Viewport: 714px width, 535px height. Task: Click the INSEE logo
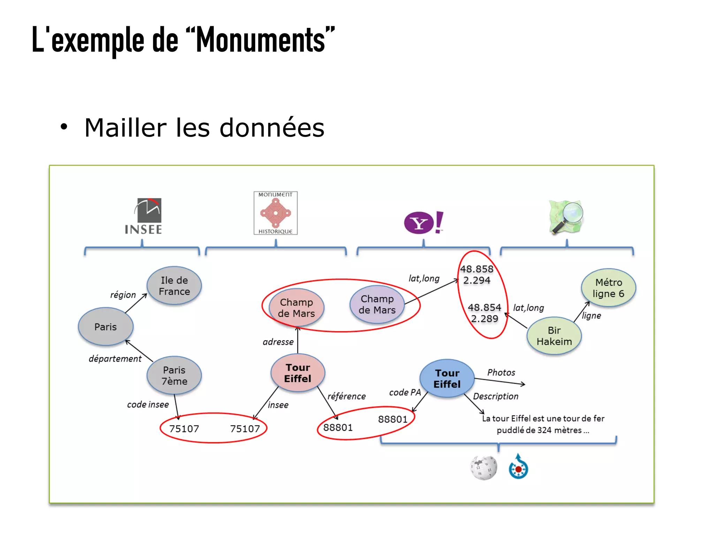tap(144, 216)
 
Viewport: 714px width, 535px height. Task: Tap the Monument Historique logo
tap(275, 213)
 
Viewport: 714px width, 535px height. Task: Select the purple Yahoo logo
tap(423, 223)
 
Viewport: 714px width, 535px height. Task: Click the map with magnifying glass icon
tap(565, 216)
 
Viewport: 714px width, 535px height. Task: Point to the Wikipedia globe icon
tap(484, 468)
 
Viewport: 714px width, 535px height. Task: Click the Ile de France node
tap(174, 286)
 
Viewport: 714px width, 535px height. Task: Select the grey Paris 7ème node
tap(174, 375)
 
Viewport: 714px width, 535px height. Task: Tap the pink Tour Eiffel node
tap(298, 373)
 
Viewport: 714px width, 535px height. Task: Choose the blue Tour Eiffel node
tap(447, 379)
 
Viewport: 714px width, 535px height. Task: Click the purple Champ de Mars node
tap(377, 304)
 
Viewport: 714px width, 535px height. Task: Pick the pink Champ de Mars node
tap(296, 308)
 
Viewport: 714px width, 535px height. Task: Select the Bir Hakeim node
tap(554, 336)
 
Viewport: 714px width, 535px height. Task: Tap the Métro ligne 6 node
tap(608, 288)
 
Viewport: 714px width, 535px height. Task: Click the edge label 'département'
tap(115, 359)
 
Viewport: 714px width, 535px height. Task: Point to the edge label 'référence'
tap(347, 396)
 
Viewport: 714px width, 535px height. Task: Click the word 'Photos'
tap(501, 373)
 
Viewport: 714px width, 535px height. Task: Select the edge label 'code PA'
tap(405, 392)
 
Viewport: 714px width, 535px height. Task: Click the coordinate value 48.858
tap(477, 269)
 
